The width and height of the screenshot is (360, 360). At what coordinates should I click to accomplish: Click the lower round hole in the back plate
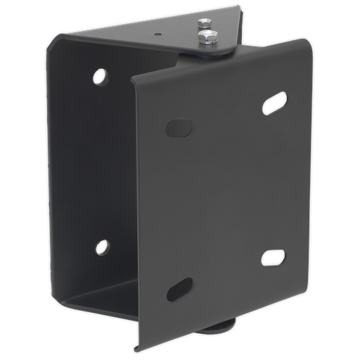(103, 247)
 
